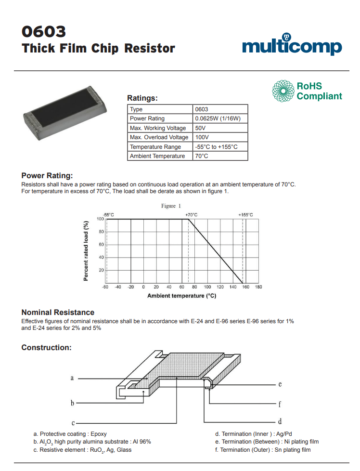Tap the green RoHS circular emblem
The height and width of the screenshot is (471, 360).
point(283,91)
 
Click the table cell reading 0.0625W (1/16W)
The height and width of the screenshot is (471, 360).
point(221,118)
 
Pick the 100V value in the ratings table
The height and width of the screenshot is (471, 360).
point(202,137)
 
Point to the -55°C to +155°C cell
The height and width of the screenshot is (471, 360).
point(217,147)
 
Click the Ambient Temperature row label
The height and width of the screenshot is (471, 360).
point(157,156)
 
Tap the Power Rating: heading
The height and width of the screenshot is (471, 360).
point(47,175)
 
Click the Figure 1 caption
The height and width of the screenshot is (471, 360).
point(171,206)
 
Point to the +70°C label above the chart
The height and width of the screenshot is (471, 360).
point(191,215)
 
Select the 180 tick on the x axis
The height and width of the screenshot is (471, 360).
point(258,288)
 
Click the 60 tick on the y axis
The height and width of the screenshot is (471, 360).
point(101,245)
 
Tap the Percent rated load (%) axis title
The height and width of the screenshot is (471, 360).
point(86,250)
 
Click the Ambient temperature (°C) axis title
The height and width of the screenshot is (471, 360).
point(181,296)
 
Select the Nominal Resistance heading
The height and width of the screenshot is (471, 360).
point(58,313)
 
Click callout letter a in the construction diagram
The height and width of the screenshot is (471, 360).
point(72,378)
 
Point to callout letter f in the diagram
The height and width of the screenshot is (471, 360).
point(280,404)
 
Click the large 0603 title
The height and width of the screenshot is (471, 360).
point(43,32)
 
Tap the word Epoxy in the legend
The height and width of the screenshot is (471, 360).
point(98,434)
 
